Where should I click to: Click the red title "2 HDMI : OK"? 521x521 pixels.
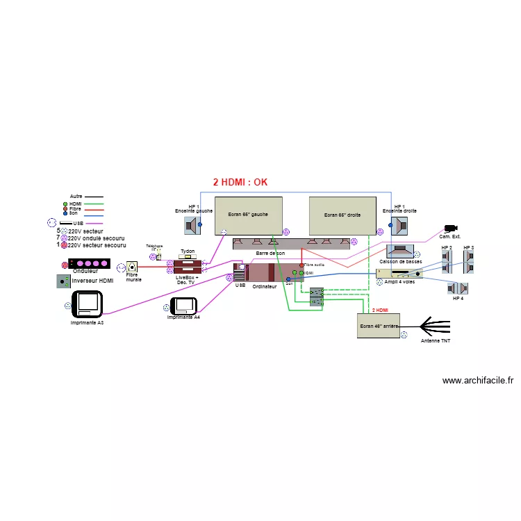pyautogui.click(x=240, y=183)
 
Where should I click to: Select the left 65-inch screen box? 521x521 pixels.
pyautogui.click(x=248, y=215)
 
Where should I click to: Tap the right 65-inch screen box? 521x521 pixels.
pyautogui.click(x=342, y=215)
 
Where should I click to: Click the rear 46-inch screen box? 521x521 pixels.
pyautogui.click(x=379, y=324)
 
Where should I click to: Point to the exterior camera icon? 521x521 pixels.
pyautogui.click(x=451, y=229)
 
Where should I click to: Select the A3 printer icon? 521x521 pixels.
pyautogui.click(x=88, y=304)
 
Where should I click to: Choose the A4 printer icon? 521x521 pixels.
pyautogui.click(x=185, y=305)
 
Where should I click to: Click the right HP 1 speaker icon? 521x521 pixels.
pyautogui.click(x=399, y=225)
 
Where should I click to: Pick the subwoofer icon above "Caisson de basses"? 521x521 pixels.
pyautogui.click(x=401, y=251)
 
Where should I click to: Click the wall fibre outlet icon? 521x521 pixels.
pyautogui.click(x=131, y=266)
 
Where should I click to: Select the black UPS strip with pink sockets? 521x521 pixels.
pyautogui.click(x=89, y=264)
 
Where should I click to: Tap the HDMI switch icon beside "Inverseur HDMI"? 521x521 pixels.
pyautogui.click(x=63, y=281)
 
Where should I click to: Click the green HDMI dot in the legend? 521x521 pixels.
pyautogui.click(x=65, y=204)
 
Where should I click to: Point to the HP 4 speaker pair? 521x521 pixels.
pyautogui.click(x=458, y=288)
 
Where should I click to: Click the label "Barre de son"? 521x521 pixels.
pyautogui.click(x=270, y=254)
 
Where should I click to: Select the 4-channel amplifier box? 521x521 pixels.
pyautogui.click(x=399, y=273)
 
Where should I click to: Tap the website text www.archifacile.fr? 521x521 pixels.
pyautogui.click(x=478, y=381)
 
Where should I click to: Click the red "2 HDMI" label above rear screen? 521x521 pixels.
pyautogui.click(x=381, y=311)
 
